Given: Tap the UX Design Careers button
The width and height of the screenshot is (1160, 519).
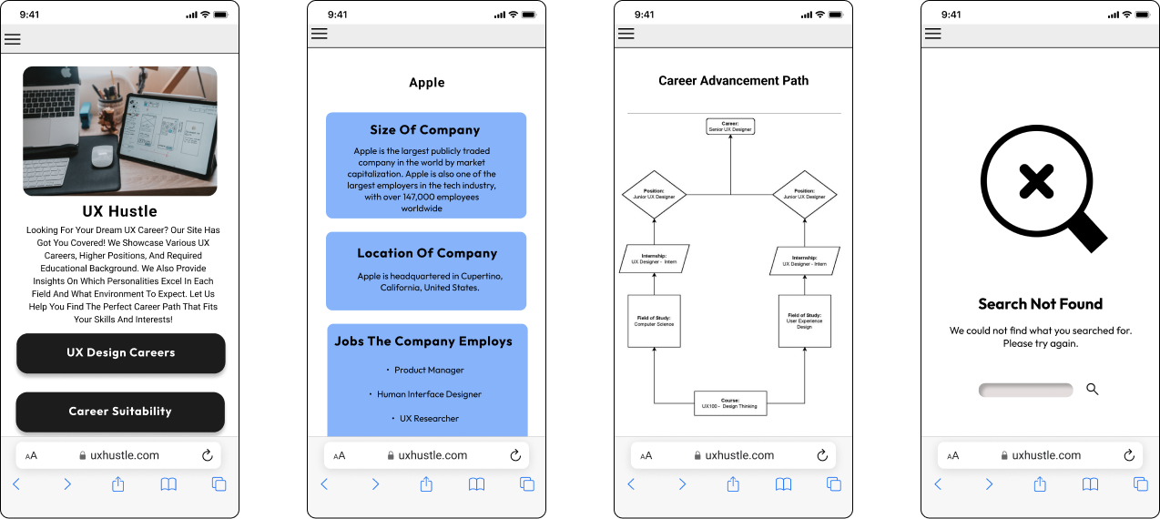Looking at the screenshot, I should (120, 353).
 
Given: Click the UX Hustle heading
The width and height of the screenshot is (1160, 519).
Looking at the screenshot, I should (119, 211).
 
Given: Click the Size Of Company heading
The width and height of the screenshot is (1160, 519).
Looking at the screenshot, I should (425, 130).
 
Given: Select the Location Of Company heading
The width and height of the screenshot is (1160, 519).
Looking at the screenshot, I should (427, 253).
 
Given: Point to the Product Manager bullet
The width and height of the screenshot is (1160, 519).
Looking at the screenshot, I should (429, 371).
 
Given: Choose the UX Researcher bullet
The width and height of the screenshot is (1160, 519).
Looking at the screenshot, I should (429, 419).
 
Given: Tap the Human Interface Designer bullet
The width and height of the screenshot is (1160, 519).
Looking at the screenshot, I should (429, 394).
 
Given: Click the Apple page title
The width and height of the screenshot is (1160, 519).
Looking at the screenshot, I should (427, 83).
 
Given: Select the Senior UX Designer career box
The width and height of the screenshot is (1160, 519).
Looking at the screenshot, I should (730, 127).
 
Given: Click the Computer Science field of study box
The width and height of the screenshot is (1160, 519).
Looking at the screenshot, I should (654, 321).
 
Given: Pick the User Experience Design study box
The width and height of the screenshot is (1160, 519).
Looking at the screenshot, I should (805, 321).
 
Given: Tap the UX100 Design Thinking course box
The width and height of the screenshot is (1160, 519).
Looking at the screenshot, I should (730, 403).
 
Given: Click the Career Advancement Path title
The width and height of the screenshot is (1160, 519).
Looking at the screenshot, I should (733, 81).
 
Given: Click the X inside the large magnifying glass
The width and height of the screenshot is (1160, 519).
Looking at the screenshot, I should (1036, 182).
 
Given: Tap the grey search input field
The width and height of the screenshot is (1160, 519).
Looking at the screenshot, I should (1025, 390).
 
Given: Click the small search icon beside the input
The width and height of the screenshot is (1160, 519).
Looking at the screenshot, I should (1093, 390).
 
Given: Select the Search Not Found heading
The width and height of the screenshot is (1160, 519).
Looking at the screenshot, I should (1040, 304).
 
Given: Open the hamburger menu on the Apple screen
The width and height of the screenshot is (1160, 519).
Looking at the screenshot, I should (320, 35).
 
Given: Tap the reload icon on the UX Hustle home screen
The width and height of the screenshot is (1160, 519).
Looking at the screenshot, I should (207, 455).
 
